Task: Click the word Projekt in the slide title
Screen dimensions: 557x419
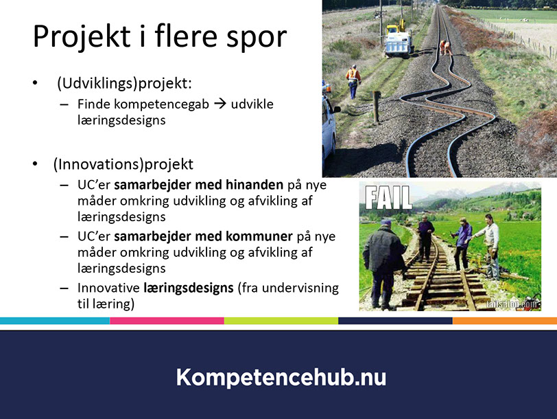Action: pos(82,37)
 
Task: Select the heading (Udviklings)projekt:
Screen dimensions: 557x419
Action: pos(124,84)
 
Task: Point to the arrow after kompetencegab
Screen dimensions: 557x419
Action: pos(220,104)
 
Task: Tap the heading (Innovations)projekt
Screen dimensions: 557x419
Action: pos(123,165)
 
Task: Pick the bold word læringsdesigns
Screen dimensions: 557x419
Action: pos(189,288)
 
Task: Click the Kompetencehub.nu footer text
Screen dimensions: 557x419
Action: pos(281,377)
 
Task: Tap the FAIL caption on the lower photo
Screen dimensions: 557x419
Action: pos(388,197)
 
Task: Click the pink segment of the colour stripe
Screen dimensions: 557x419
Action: pos(167,321)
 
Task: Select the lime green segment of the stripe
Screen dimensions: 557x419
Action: pos(281,321)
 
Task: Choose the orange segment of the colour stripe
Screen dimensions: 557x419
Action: pos(505,321)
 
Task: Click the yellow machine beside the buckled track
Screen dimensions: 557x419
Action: pos(399,38)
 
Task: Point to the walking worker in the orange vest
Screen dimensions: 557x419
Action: pos(353,82)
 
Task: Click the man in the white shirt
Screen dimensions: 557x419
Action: pos(490,245)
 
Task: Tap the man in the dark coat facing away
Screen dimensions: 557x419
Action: pos(383,263)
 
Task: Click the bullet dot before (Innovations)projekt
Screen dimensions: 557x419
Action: pos(35,164)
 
